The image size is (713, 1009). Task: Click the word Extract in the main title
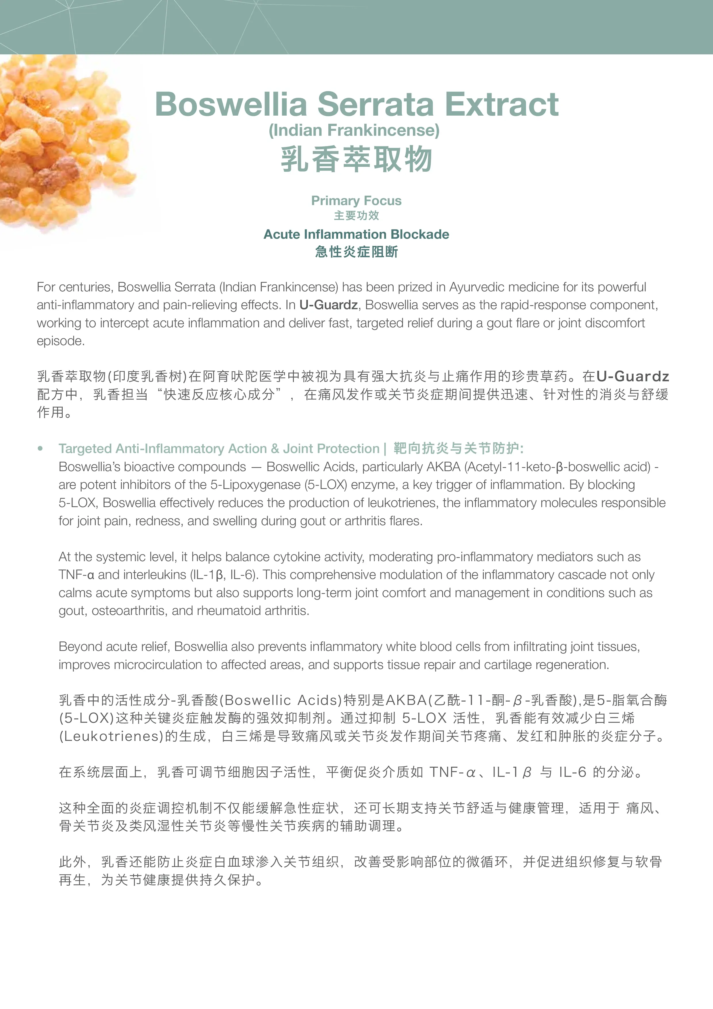(501, 105)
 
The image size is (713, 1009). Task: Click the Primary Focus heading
(356, 200)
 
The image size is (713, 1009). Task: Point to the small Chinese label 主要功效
(356, 215)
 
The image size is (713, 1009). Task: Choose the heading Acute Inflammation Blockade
(356, 234)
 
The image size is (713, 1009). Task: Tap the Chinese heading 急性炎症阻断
(356, 252)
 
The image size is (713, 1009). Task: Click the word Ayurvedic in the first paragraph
(479, 287)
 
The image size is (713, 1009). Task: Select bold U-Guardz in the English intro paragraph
(329, 305)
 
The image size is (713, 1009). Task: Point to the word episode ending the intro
(61, 341)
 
